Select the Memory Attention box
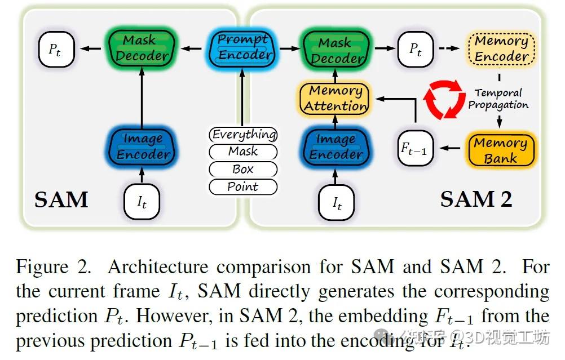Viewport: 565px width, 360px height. coord(336,98)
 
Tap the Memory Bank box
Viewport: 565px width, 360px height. coord(500,150)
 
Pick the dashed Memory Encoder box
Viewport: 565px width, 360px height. coord(501,48)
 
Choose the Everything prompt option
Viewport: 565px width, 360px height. coord(243,135)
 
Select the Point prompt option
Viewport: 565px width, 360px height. coord(243,186)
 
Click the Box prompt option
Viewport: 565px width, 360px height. coord(243,169)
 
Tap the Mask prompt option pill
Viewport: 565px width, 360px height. coord(243,152)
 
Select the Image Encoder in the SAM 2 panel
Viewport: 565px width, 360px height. coord(336,147)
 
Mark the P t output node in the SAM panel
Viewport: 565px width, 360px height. coord(55,49)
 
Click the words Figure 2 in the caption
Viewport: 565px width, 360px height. coord(54,267)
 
